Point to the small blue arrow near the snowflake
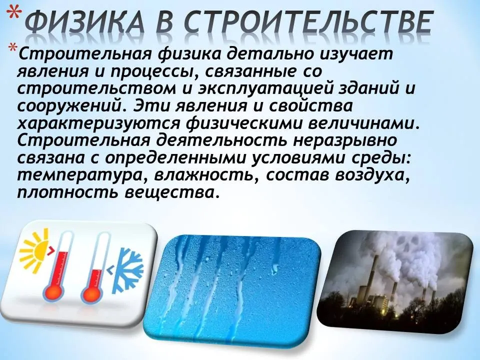click(110, 269)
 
